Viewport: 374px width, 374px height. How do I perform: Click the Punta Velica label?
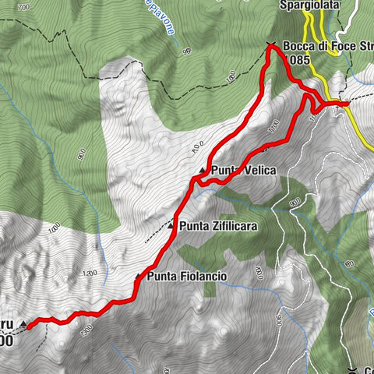tap(243, 171)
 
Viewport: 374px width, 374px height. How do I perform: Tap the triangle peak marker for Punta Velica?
tap(203, 171)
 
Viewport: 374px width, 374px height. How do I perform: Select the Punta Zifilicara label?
tap(218, 227)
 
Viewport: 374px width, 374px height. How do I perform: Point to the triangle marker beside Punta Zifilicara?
tap(171, 227)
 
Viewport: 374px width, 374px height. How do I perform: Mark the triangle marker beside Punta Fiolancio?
tap(139, 277)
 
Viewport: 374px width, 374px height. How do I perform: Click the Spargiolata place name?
tap(310, 5)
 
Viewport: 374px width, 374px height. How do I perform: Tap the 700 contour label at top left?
tap(23, 7)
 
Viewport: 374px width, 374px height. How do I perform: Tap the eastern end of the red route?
tap(346, 104)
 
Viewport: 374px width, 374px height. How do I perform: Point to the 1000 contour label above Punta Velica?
tap(195, 144)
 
